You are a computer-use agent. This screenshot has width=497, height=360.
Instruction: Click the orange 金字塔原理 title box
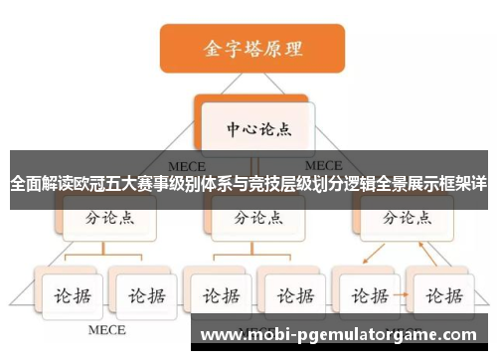tap(252, 47)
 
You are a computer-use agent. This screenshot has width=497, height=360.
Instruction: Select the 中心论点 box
tap(253, 129)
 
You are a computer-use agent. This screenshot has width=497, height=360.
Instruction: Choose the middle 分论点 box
tap(252, 217)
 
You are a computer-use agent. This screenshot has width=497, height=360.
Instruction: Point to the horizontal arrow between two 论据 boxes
tap(405, 295)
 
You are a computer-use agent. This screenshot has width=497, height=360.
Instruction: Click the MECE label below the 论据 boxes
tap(106, 328)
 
